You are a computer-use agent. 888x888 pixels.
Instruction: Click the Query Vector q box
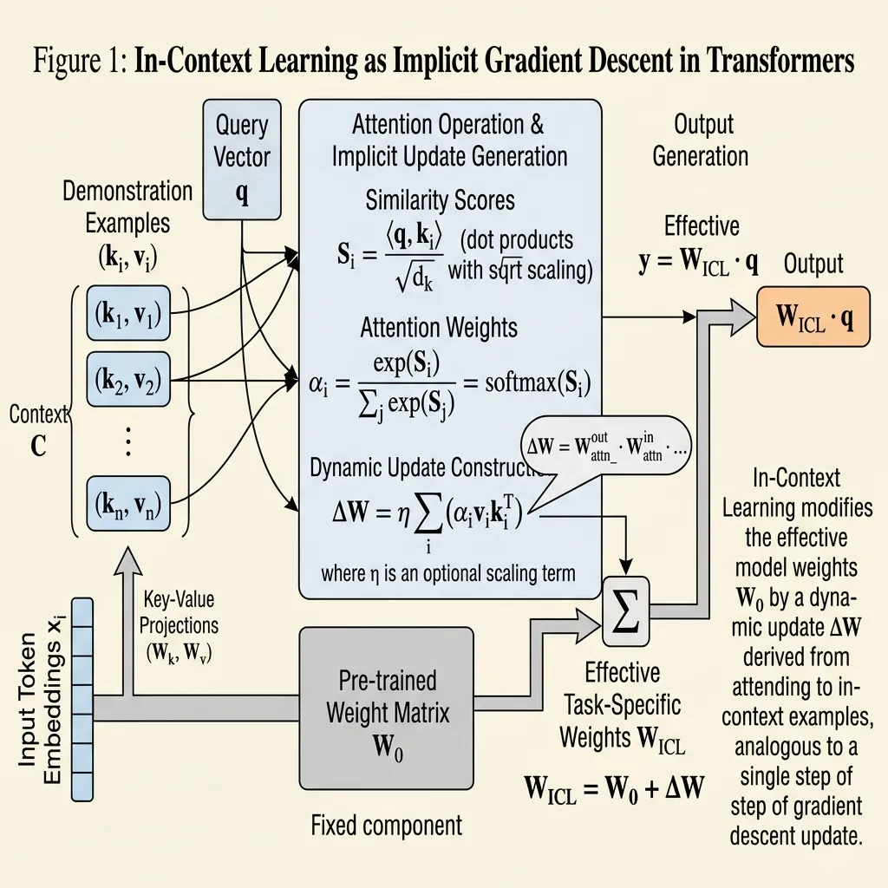coord(242,160)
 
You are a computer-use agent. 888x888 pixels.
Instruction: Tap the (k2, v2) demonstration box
coord(127,378)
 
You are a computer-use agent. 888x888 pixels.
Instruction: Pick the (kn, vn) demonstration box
coord(127,504)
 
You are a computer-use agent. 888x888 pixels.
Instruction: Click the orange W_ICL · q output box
coord(815,318)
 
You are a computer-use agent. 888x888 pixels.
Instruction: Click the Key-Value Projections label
coord(180,624)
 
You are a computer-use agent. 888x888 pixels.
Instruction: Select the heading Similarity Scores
coord(440,201)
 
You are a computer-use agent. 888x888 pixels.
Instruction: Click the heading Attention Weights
coord(439,327)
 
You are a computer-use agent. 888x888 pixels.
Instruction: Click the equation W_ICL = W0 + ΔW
coord(614,789)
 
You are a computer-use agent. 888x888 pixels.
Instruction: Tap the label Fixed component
coord(386,825)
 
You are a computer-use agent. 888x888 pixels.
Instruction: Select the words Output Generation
coord(701,140)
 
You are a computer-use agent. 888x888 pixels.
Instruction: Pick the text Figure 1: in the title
coord(81,62)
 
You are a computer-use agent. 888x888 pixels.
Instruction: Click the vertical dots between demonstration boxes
coord(127,441)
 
